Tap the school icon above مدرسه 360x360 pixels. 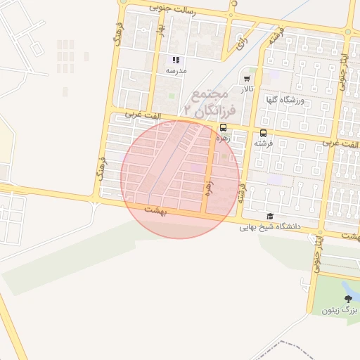[x=176, y=60]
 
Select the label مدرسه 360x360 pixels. [x=176, y=71]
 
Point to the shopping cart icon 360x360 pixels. [x=247, y=79]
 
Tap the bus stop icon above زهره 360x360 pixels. [x=223, y=128]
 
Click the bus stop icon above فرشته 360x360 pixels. [x=263, y=132]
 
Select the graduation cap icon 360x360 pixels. [x=270, y=217]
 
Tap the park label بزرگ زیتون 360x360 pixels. [x=340, y=310]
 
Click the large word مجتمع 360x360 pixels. [x=210, y=93]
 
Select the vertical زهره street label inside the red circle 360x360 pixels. [x=208, y=186]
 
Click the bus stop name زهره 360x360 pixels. [x=223, y=139]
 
